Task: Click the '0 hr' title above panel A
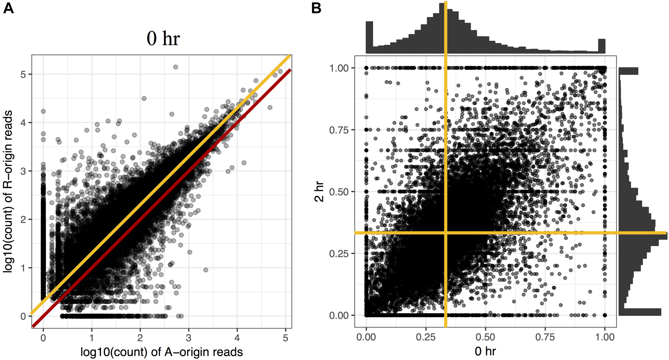pyautogui.click(x=163, y=39)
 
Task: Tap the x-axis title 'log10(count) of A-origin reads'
pyautogui.click(x=162, y=352)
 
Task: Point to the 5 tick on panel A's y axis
pyautogui.click(x=23, y=74)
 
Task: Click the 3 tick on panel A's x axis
pyautogui.click(x=189, y=338)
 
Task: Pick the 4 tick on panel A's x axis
pyautogui.click(x=237, y=338)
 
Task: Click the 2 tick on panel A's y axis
pyautogui.click(x=23, y=220)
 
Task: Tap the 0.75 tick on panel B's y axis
pyautogui.click(x=339, y=130)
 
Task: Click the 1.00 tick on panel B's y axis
pyautogui.click(x=339, y=68)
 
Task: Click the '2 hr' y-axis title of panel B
pyautogui.click(x=319, y=192)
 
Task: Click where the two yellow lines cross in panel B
pyautogui.click(x=446, y=233)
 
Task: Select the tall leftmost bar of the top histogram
pyautogui.click(x=369, y=37)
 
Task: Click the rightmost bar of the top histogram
pyautogui.click(x=602, y=46)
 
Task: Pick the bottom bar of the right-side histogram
pyautogui.click(x=640, y=312)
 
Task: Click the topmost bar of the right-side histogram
pyautogui.click(x=628, y=71)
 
